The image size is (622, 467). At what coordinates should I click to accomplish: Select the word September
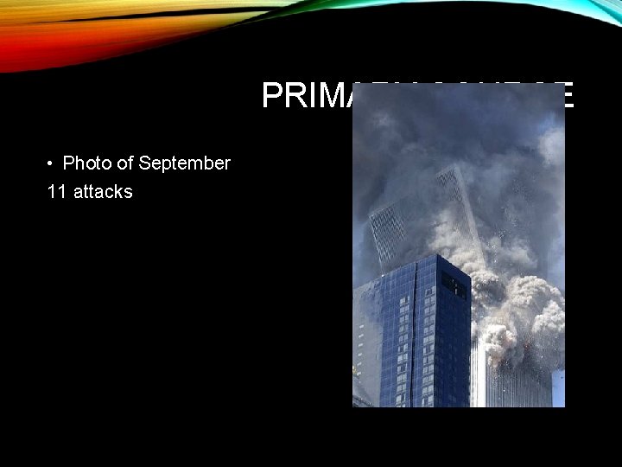pyautogui.click(x=184, y=163)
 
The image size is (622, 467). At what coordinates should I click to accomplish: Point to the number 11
pyautogui.click(x=57, y=192)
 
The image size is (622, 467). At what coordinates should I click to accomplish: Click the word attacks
pyautogui.click(x=103, y=192)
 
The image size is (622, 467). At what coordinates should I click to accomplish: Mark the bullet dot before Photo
pyautogui.click(x=52, y=163)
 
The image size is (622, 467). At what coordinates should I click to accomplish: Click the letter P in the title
pyautogui.click(x=272, y=96)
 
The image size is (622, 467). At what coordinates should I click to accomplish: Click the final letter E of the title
pyautogui.click(x=564, y=96)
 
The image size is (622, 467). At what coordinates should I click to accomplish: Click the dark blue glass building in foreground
pyautogui.click(x=419, y=337)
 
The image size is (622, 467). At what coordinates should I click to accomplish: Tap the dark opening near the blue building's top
pyautogui.click(x=454, y=285)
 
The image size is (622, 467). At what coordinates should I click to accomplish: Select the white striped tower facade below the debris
pyautogui.click(x=514, y=381)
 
